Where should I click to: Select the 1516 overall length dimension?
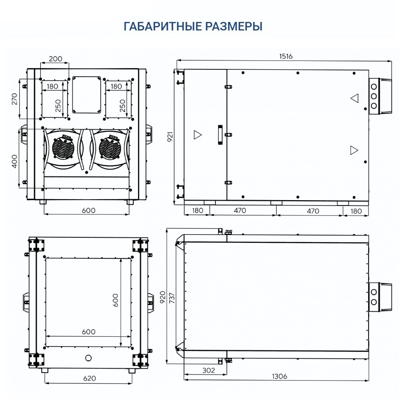pos(286,56)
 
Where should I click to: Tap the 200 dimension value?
pos(55,59)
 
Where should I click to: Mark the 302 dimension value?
pos(208,370)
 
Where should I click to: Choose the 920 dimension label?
pos(163,297)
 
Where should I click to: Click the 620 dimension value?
pos(89,378)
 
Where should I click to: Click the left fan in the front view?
pos(63,148)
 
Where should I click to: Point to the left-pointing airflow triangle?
pos(354,98)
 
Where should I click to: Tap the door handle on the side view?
pos(220,135)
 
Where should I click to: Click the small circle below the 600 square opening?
pos(88,357)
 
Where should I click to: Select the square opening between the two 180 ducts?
pos(87,94)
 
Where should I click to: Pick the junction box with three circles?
pos(380,95)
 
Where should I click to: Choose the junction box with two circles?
pos(380,297)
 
